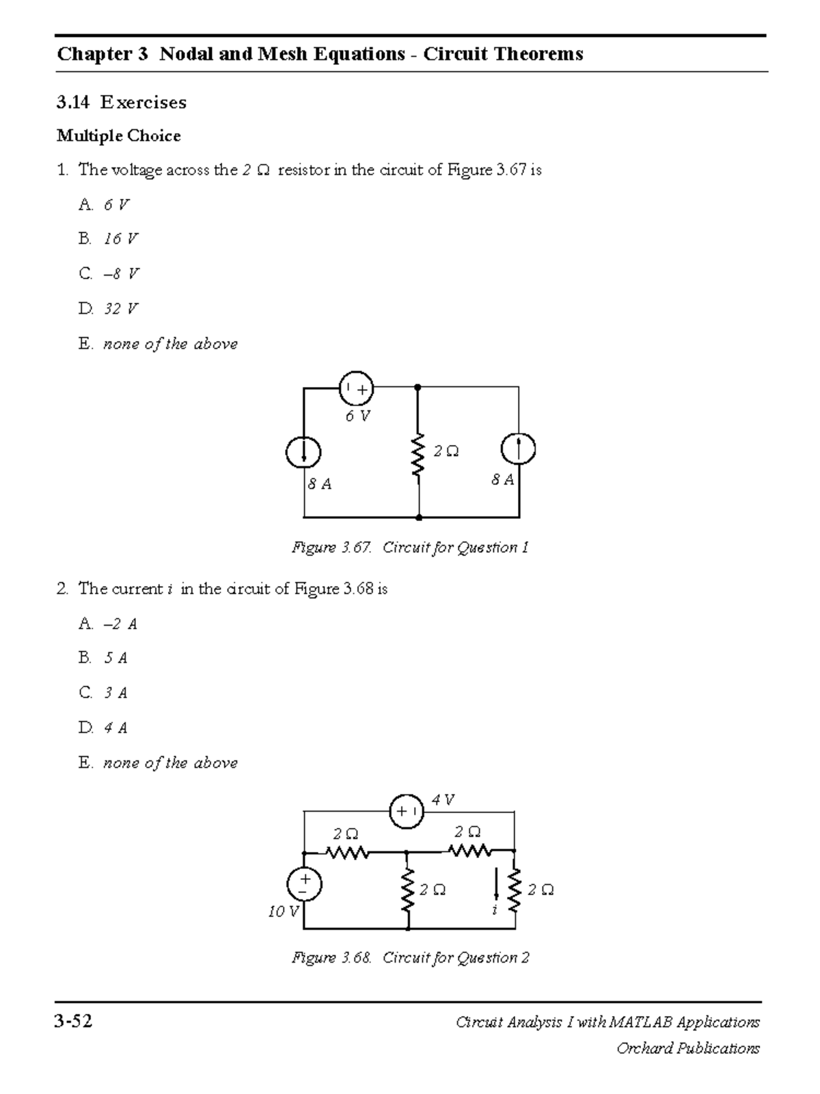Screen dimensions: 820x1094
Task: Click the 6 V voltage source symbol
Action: tap(356, 389)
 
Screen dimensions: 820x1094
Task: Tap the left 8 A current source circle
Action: tap(303, 451)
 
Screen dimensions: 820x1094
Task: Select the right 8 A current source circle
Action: tap(518, 449)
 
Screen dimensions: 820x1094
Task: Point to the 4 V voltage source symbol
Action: tap(407, 812)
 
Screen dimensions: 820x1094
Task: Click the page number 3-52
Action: tap(74, 1022)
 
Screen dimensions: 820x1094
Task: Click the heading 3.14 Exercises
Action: tap(122, 103)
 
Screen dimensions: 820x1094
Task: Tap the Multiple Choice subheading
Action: tap(119, 135)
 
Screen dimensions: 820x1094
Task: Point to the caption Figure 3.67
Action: tap(410, 548)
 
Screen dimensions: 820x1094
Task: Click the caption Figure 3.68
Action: tap(410, 958)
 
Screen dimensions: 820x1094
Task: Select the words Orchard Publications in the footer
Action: tap(687, 1048)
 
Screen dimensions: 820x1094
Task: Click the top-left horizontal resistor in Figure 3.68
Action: tap(348, 853)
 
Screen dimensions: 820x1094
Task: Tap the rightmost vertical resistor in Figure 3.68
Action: tap(515, 890)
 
